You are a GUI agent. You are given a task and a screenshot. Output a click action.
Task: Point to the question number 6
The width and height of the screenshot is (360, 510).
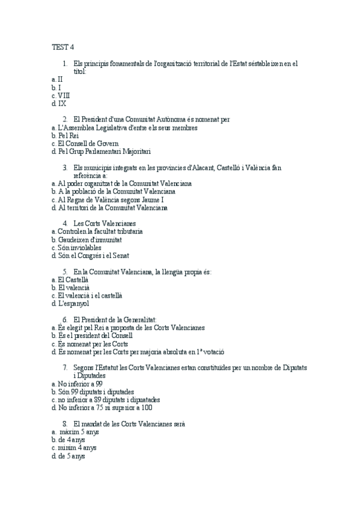65,319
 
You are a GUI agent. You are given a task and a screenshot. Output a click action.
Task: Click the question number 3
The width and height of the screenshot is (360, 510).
65,167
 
